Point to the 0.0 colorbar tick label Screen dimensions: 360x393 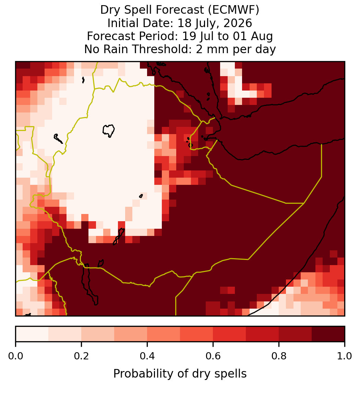click(x=16, y=356)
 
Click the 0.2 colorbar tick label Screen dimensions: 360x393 click(x=81, y=356)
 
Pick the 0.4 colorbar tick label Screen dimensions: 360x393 click(x=147, y=356)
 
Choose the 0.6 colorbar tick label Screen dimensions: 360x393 click(x=213, y=356)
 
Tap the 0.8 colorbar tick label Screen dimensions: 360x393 click(x=279, y=356)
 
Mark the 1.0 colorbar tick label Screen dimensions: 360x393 click(x=345, y=356)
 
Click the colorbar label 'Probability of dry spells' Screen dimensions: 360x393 click(x=180, y=374)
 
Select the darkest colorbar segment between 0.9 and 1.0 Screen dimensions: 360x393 click(x=328, y=334)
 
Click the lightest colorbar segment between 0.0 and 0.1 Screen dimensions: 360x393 click(x=32, y=334)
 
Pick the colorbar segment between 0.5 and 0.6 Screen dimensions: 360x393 click(x=196, y=334)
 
